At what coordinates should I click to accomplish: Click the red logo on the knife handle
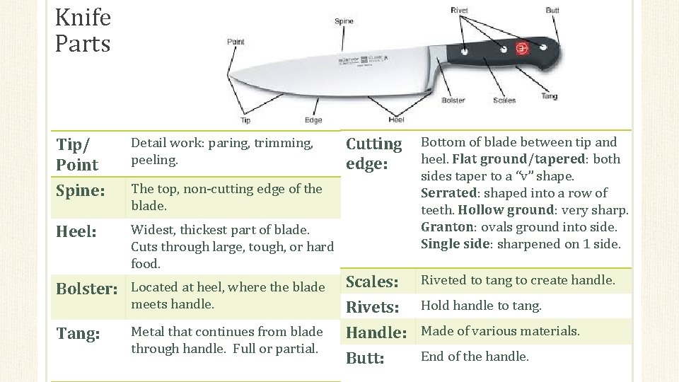[x=523, y=48]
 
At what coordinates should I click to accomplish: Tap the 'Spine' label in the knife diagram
[x=344, y=21]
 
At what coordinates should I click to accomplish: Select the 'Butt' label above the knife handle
[x=552, y=11]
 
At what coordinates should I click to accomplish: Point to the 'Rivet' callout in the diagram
[x=459, y=10]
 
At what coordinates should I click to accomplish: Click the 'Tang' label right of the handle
[x=549, y=96]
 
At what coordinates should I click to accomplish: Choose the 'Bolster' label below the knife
[x=453, y=100]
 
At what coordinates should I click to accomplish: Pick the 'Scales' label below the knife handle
[x=504, y=100]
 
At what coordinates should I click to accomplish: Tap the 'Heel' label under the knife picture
[x=396, y=120]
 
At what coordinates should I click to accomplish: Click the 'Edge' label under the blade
[x=313, y=120]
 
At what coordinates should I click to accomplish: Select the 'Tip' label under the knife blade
[x=245, y=120]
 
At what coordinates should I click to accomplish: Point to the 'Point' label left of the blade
[x=236, y=42]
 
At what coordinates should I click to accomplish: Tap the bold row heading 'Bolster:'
[x=86, y=289]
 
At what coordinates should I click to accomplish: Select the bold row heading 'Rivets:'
[x=373, y=308]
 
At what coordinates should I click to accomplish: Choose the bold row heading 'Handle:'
[x=376, y=332]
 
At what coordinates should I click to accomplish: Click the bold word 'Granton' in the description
[x=446, y=227]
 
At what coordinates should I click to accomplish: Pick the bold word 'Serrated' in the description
[x=448, y=193]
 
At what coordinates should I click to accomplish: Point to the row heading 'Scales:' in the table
[x=372, y=282]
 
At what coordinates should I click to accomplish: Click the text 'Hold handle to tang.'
[x=481, y=306]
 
